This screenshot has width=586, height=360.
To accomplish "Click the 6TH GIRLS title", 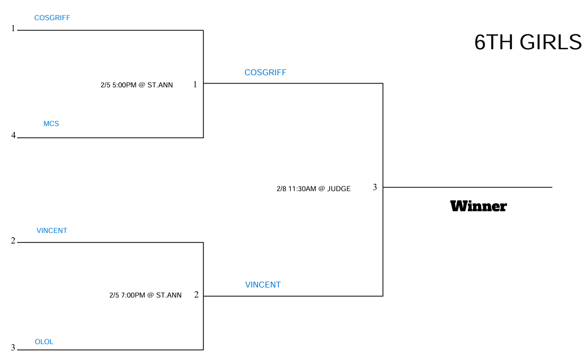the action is [x=528, y=42].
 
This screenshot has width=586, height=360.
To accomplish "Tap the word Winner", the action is [x=478, y=206].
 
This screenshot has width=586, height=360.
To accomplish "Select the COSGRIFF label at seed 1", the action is [x=52, y=18].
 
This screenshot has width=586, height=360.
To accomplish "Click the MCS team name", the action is [x=51, y=123].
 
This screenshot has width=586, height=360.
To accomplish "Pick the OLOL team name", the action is [x=44, y=341].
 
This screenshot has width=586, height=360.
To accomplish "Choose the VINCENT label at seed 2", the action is [x=52, y=230].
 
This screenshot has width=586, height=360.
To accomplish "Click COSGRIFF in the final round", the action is [x=265, y=73].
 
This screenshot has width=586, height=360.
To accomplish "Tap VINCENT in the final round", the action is [x=263, y=285].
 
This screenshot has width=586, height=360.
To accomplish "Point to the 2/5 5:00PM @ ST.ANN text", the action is [x=137, y=85].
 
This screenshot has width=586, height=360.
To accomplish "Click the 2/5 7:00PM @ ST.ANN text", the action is [x=145, y=295].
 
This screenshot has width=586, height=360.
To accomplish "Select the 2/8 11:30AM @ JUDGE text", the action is [x=314, y=189].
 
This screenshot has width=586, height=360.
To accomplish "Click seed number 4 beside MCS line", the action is [x=13, y=135].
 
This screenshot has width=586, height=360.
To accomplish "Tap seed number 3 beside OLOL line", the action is [x=13, y=348].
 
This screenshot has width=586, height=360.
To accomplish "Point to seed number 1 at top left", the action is [x=13, y=29].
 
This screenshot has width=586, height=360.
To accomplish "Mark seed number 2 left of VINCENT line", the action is [x=13, y=241].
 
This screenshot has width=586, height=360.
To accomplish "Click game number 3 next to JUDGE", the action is [x=375, y=187].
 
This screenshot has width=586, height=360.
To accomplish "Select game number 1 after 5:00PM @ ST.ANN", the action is [x=195, y=84].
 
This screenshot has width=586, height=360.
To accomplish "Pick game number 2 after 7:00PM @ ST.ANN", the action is [x=196, y=295].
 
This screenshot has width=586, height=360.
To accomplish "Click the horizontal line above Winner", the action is [x=467, y=187].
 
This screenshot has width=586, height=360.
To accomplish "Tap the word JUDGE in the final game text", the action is [x=339, y=189].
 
